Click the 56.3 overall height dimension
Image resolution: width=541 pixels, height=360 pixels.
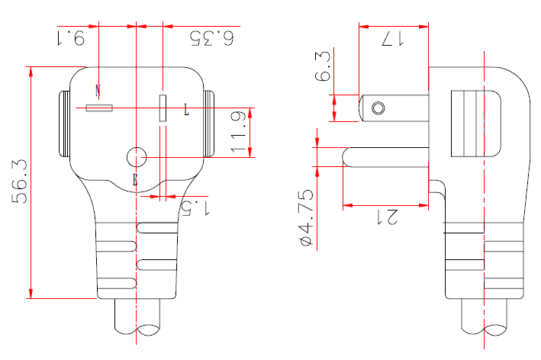coord(18,182)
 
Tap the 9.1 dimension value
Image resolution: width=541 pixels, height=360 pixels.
coord(70,37)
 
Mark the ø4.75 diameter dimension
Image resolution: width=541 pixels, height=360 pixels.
coord(306,217)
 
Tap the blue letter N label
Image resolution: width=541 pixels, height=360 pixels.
coord(98,90)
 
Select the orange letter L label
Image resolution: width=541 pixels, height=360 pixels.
coord(185,111)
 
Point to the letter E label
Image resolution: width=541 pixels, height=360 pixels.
coord(135,180)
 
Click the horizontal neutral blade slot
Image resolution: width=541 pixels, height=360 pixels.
coord(99,109)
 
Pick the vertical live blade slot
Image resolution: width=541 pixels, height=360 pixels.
coord(162,108)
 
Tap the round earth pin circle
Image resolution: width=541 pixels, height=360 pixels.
coord(136,157)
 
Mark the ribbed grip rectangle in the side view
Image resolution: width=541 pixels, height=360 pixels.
coord(470,122)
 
